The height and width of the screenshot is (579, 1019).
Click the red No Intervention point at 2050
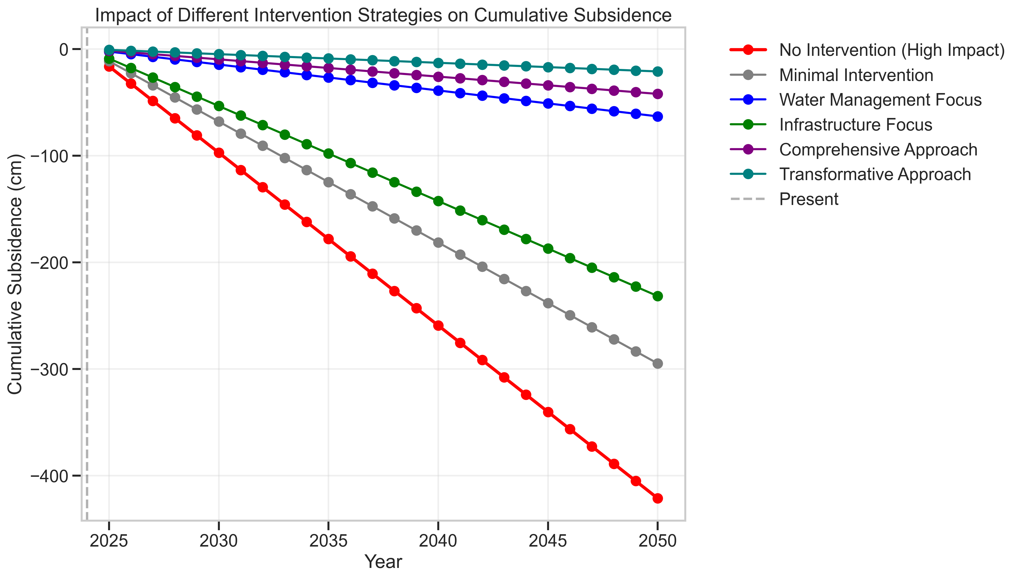pos(657,498)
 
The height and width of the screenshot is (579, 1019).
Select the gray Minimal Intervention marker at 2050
pos(657,363)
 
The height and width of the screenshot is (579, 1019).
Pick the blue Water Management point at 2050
pos(657,116)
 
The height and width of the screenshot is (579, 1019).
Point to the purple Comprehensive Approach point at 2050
pos(657,94)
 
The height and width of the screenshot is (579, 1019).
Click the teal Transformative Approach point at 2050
pos(657,72)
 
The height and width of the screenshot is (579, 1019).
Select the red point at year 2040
pos(438,326)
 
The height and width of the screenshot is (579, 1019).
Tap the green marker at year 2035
pos(328,153)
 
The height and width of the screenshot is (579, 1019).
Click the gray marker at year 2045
pos(548,303)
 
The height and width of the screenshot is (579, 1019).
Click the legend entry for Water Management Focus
pos(880,100)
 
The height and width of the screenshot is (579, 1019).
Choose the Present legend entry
pos(808,199)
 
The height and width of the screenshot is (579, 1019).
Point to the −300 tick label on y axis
pos(51,369)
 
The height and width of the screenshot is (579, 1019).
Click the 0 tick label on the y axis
pos(64,49)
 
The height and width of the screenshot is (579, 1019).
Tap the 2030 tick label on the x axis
pos(218,541)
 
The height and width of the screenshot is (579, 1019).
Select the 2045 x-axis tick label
pos(548,541)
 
